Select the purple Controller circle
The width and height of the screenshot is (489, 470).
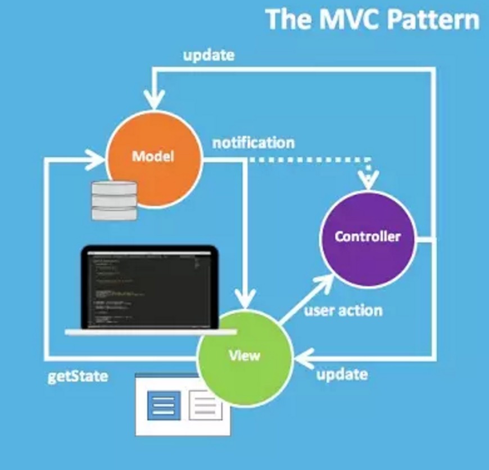coord(367,236)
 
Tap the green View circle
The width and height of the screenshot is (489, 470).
coord(244,356)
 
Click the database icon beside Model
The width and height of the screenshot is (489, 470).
coord(114,201)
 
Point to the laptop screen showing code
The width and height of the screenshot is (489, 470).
coord(149,290)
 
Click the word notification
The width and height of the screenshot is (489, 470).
coord(253,143)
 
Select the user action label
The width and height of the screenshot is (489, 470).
coord(343,310)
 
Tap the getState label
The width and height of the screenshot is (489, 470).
coord(78,376)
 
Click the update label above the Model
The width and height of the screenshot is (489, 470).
coord(209,56)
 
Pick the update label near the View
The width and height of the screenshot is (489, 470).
coord(342,374)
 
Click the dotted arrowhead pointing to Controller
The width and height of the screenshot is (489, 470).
coord(369,180)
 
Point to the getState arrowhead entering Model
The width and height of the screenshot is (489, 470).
coord(96,160)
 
